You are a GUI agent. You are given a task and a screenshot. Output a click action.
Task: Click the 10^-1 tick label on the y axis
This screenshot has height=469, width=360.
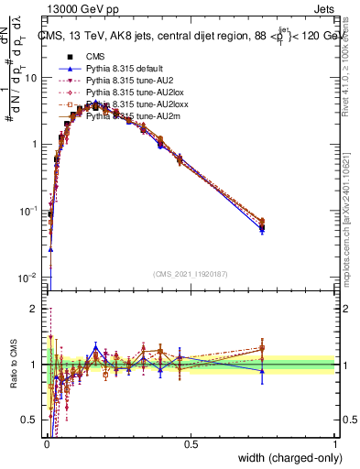[x=32, y=211]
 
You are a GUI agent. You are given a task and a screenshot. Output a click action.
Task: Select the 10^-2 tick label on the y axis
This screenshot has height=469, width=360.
[x=32, y=277]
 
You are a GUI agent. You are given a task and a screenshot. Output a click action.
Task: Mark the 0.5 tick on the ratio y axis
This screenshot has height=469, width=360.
[x=34, y=420]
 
